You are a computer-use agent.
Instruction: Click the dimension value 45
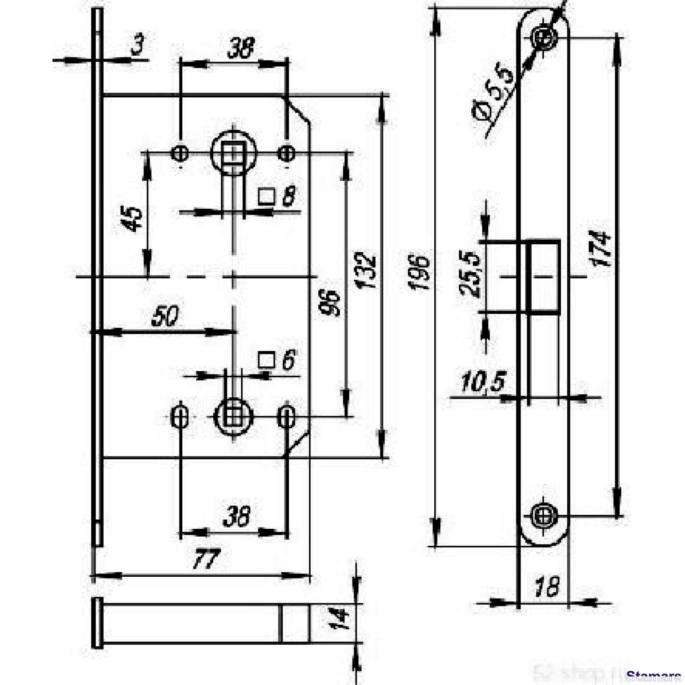(x=132, y=219)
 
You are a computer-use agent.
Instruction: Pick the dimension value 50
(x=165, y=316)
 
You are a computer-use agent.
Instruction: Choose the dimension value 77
(x=205, y=559)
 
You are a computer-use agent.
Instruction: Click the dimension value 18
(x=546, y=587)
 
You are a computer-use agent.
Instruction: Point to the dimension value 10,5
(x=483, y=382)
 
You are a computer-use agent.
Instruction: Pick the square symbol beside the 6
(x=265, y=360)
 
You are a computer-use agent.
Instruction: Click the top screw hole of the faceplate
(x=543, y=37)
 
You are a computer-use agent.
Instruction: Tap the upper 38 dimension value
(x=241, y=49)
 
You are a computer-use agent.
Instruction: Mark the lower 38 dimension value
(x=237, y=516)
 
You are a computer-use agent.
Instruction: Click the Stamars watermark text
(x=654, y=676)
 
